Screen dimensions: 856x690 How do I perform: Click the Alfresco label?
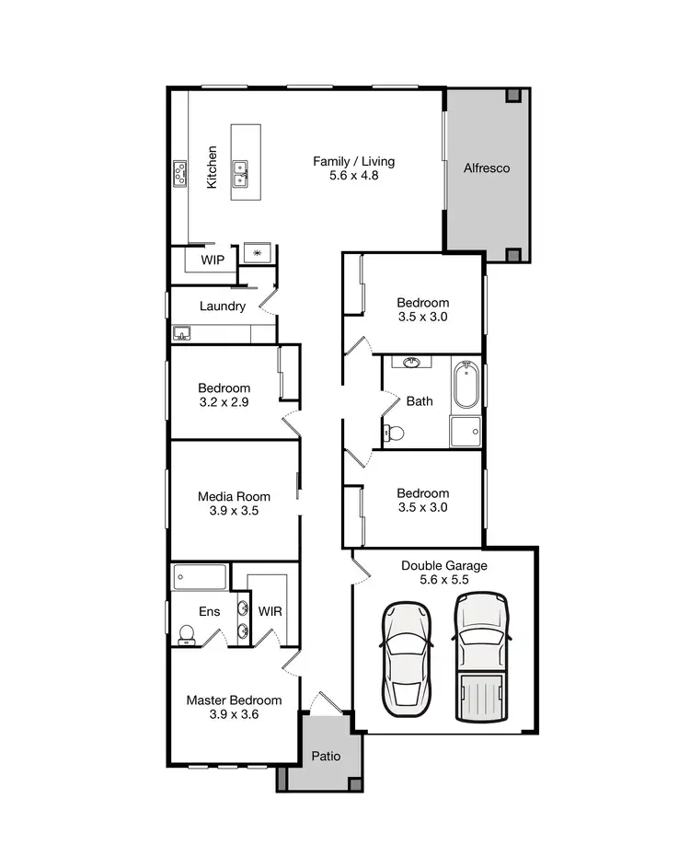(487, 168)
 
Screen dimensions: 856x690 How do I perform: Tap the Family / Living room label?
(345, 162)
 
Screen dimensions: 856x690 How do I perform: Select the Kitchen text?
(213, 168)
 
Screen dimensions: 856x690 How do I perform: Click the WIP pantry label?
(213, 260)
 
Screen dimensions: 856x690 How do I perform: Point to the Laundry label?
(223, 307)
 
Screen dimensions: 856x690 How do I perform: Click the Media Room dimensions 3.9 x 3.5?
(235, 511)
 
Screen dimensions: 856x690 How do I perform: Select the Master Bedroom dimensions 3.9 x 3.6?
(235, 713)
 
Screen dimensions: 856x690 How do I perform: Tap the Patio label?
(326, 758)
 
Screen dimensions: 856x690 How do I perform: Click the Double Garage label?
(444, 566)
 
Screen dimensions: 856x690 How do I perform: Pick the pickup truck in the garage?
(481, 657)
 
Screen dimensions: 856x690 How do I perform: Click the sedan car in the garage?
(407, 657)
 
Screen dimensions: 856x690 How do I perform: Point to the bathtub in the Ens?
(200, 578)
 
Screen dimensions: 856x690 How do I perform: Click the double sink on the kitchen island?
(243, 169)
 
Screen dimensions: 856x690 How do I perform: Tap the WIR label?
(270, 611)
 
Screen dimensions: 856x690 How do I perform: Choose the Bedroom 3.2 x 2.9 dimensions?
(224, 402)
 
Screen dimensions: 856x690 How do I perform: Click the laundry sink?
(181, 332)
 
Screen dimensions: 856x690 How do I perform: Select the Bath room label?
(420, 401)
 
